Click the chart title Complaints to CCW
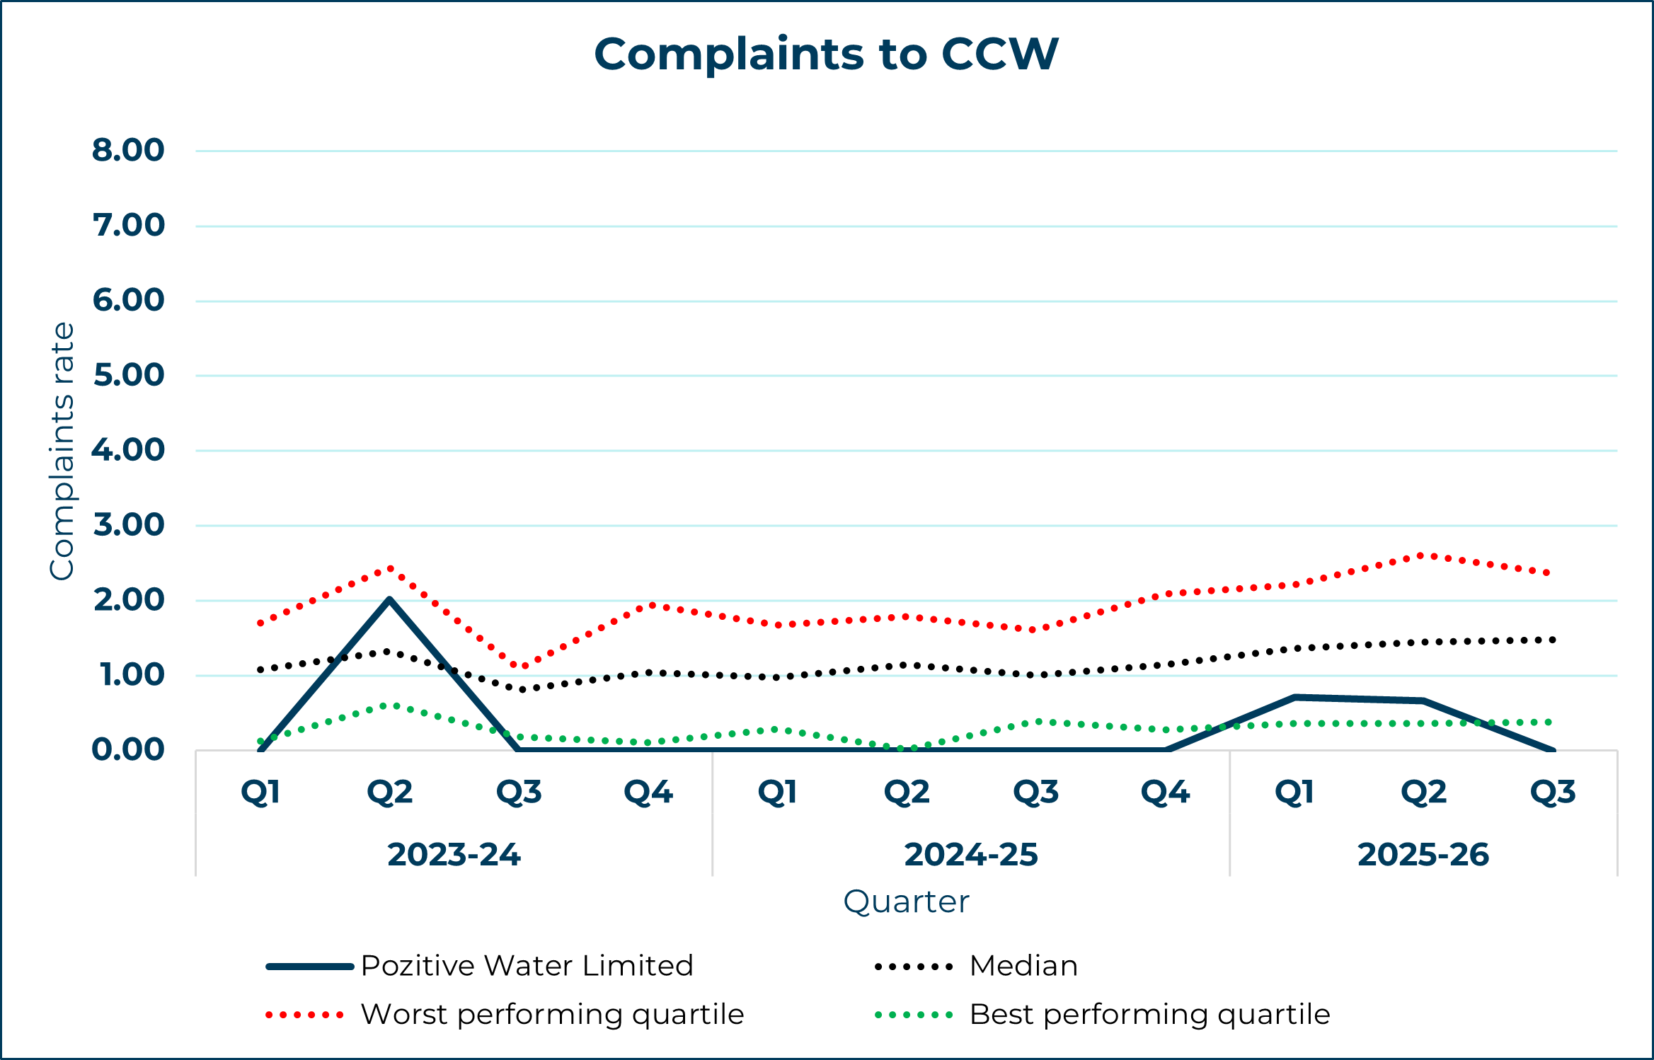point(826,54)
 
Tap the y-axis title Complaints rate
point(62,451)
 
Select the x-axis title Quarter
point(906,902)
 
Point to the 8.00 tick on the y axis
point(128,150)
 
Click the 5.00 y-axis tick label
point(129,375)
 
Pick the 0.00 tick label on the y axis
point(128,749)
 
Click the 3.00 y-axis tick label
point(129,525)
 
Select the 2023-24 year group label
point(454,855)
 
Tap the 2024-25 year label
point(971,855)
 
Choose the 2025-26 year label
point(1423,855)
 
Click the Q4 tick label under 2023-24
point(648,793)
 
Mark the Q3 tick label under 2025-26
point(1553,793)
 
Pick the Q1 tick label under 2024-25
point(777,793)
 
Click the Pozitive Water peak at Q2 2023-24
point(389,600)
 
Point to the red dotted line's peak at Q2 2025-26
point(1423,555)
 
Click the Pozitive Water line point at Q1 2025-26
point(1294,697)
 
